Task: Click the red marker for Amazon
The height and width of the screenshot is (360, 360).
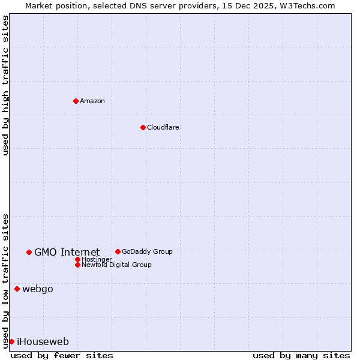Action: click(x=76, y=101)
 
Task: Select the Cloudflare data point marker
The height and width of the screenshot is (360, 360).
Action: click(x=143, y=127)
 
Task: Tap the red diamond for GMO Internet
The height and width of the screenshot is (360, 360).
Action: click(x=29, y=252)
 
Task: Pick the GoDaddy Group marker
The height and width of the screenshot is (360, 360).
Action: click(x=118, y=251)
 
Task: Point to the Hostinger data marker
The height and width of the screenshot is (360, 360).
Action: click(x=77, y=259)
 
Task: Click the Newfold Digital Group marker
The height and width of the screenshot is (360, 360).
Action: click(x=77, y=265)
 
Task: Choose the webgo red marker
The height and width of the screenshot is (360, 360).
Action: click(x=17, y=289)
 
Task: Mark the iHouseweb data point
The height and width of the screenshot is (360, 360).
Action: click(x=11, y=341)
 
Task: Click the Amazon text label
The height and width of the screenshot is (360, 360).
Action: click(x=92, y=101)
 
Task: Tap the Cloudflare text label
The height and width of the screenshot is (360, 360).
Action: click(x=163, y=127)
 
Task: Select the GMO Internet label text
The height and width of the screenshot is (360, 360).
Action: click(x=67, y=252)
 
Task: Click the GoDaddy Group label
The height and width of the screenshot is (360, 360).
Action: click(x=147, y=251)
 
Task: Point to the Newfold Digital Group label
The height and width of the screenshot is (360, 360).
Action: click(x=116, y=265)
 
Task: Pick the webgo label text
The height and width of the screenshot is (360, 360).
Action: click(x=37, y=289)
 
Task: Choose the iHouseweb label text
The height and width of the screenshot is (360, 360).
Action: click(x=43, y=341)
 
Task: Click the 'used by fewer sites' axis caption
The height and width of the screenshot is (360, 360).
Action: click(x=62, y=355)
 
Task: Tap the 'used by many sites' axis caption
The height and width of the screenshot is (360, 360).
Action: click(x=301, y=355)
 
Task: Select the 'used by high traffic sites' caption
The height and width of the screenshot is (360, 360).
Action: click(x=5, y=85)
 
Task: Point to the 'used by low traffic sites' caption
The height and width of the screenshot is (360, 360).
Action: click(x=5, y=280)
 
